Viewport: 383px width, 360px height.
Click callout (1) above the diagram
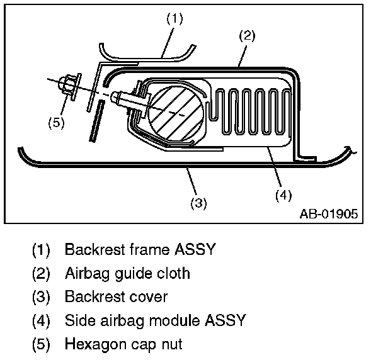174,20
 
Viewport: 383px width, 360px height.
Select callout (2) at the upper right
247,36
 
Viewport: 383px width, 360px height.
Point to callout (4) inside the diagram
283,194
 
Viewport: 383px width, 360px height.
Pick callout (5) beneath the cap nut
56,123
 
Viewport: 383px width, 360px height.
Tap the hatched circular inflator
176,112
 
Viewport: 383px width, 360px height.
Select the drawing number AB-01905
328,214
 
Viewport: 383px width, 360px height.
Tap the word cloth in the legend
173,274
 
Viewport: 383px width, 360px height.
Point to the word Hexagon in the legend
91,345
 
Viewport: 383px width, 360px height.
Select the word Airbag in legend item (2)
83,274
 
